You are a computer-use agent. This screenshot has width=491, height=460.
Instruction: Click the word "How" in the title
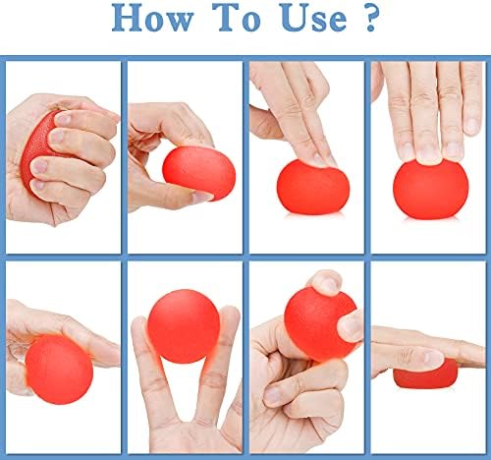[152, 18]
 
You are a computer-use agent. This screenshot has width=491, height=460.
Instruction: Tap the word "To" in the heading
[237, 18]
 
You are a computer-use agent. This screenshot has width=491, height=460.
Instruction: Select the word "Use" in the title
[313, 19]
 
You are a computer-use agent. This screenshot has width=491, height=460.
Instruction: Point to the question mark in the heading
[371, 19]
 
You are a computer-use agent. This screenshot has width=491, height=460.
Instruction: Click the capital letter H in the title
[126, 18]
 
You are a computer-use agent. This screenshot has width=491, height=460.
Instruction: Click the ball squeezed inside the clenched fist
[37, 147]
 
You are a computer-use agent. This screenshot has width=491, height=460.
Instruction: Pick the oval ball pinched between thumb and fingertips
[199, 173]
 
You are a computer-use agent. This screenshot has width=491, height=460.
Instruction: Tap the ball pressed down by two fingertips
[313, 187]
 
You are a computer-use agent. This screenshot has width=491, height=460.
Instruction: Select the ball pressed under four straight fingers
[431, 189]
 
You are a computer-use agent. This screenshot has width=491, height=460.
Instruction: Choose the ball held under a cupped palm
[59, 370]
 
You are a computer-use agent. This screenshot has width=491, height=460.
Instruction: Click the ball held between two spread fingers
[184, 326]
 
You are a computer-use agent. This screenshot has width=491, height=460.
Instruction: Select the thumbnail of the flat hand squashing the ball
[434, 357]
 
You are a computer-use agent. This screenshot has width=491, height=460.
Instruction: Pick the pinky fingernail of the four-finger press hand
[471, 126]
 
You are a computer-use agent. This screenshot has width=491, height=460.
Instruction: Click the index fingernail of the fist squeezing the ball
[63, 118]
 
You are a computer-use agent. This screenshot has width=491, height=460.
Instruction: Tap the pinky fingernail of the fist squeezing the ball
[38, 185]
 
